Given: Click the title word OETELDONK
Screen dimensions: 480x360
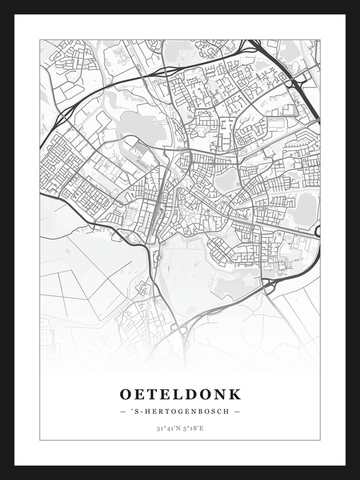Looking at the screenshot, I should point(180,393).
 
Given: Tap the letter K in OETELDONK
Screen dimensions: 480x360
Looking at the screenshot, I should point(234,393).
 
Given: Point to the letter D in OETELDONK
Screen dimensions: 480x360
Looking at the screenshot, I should point(193,393).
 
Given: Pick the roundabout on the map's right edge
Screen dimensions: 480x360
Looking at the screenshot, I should point(318,231).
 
